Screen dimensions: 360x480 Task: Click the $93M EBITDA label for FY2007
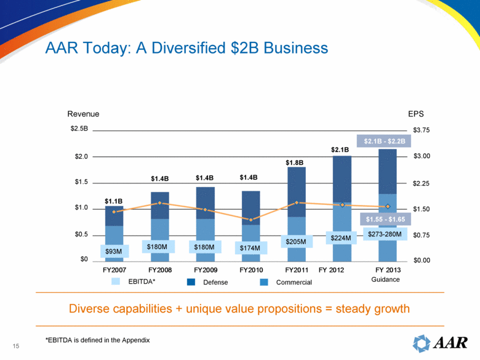point(113,251)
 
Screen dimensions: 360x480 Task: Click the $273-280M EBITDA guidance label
point(385,234)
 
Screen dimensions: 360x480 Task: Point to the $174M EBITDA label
point(249,248)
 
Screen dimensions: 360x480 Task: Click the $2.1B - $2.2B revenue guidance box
point(384,141)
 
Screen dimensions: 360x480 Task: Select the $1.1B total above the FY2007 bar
point(113,201)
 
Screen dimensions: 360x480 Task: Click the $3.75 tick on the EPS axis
point(422,130)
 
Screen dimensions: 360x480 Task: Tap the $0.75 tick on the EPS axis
point(422,235)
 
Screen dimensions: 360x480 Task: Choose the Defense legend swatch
point(191,282)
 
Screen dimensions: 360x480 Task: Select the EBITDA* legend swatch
point(116,282)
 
